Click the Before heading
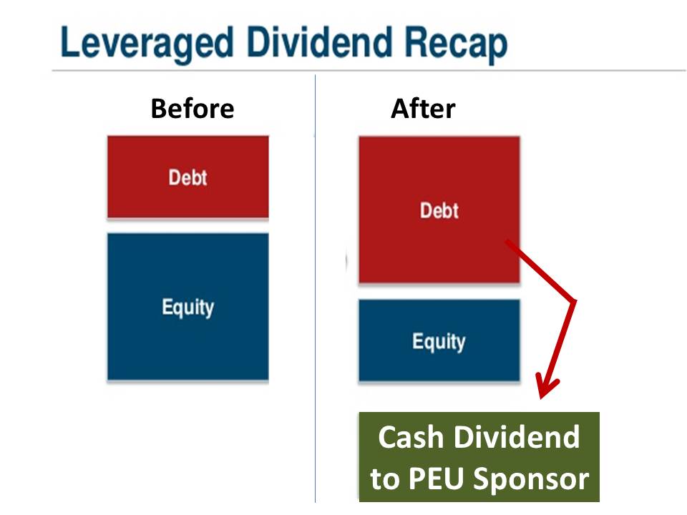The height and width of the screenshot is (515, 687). (x=192, y=109)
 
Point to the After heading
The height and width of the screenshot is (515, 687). (x=422, y=109)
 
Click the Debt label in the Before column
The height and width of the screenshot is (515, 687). (x=187, y=177)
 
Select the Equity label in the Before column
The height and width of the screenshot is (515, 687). (x=187, y=308)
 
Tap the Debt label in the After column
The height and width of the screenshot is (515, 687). (x=439, y=210)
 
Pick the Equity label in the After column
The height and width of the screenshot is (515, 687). (x=439, y=341)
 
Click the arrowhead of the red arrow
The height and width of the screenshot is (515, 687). (x=545, y=391)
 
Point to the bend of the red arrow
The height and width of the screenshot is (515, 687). (x=574, y=300)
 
